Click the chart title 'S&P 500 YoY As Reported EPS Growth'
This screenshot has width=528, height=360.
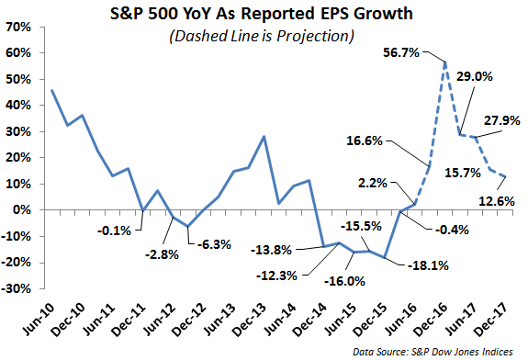(x=262, y=14)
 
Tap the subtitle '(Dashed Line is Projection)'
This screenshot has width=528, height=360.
(x=262, y=36)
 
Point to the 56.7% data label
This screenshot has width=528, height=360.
(x=401, y=52)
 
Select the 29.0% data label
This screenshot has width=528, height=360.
(x=475, y=77)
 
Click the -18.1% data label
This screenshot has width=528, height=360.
(x=428, y=265)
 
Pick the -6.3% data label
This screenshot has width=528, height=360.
(x=214, y=244)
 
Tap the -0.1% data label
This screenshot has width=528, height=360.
(x=114, y=231)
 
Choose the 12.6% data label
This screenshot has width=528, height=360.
(x=497, y=201)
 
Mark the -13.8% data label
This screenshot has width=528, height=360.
(x=271, y=250)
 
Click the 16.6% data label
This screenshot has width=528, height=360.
(x=365, y=141)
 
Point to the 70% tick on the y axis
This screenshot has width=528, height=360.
(x=18, y=27)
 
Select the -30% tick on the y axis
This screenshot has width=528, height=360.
(x=17, y=288)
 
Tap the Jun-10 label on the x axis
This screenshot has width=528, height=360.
(x=39, y=320)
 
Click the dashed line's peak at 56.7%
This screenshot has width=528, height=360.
(x=445, y=62)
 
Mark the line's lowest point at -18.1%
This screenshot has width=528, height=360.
(x=385, y=257)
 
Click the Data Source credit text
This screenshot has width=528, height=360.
(x=433, y=352)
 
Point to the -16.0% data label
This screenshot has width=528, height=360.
(x=344, y=281)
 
